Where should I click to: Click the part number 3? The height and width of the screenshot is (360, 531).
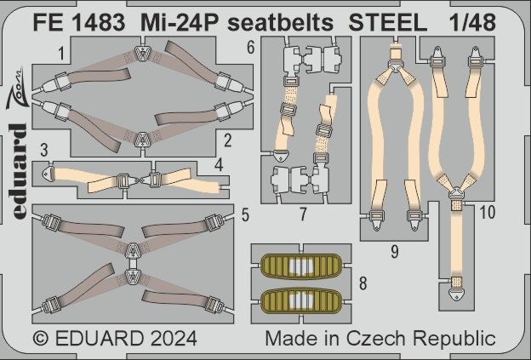(41, 150)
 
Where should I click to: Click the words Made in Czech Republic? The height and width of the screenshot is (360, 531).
(380, 337)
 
